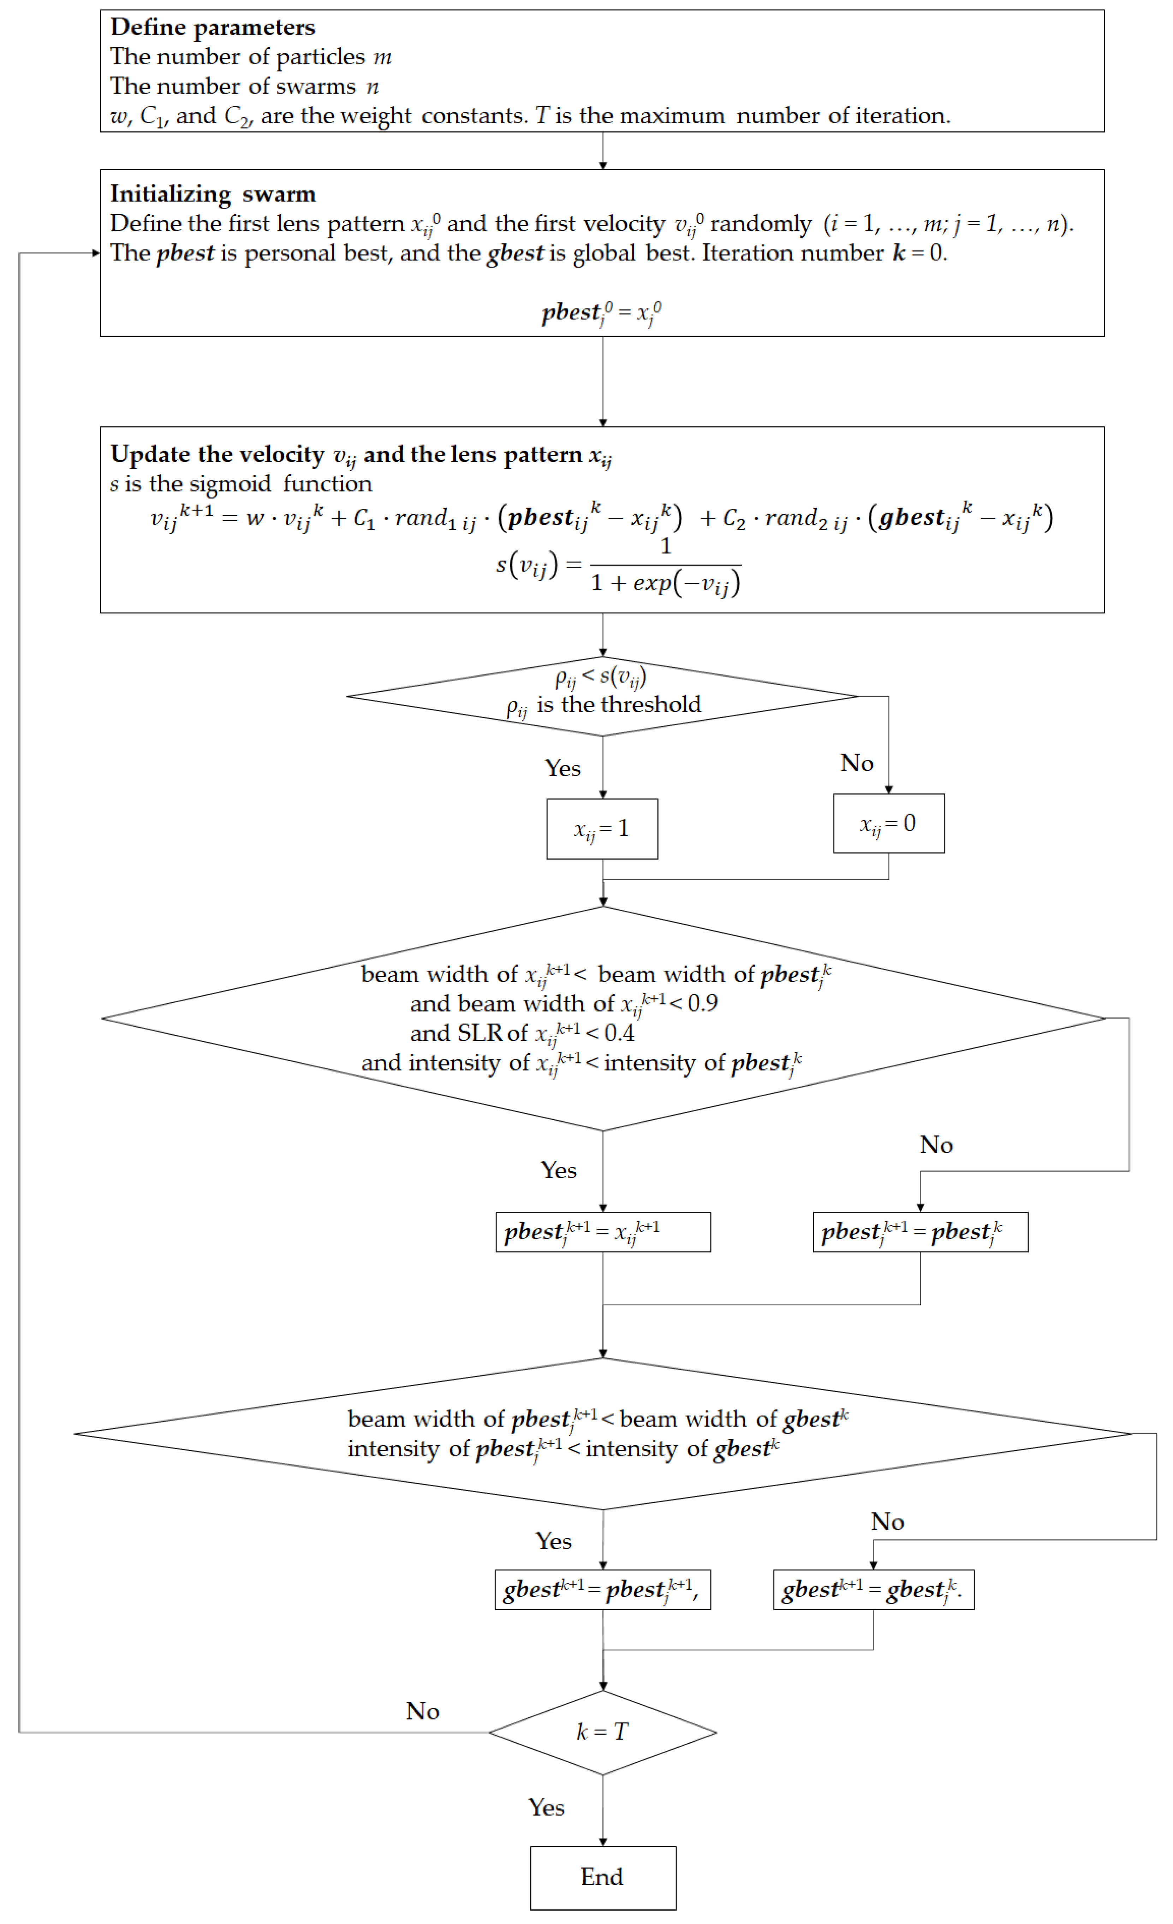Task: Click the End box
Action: [602, 1877]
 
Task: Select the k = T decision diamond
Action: [602, 1732]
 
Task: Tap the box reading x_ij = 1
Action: [602, 828]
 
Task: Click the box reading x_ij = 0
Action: [888, 823]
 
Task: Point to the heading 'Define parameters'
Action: [212, 27]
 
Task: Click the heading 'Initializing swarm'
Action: [212, 194]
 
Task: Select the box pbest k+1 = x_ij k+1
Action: [602, 1232]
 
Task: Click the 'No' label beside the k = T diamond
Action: [422, 1711]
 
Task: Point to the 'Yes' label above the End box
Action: [546, 1807]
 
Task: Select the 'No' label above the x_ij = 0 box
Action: [856, 763]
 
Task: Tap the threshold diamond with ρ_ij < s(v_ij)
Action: [602, 696]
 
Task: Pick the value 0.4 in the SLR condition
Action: [620, 1032]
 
